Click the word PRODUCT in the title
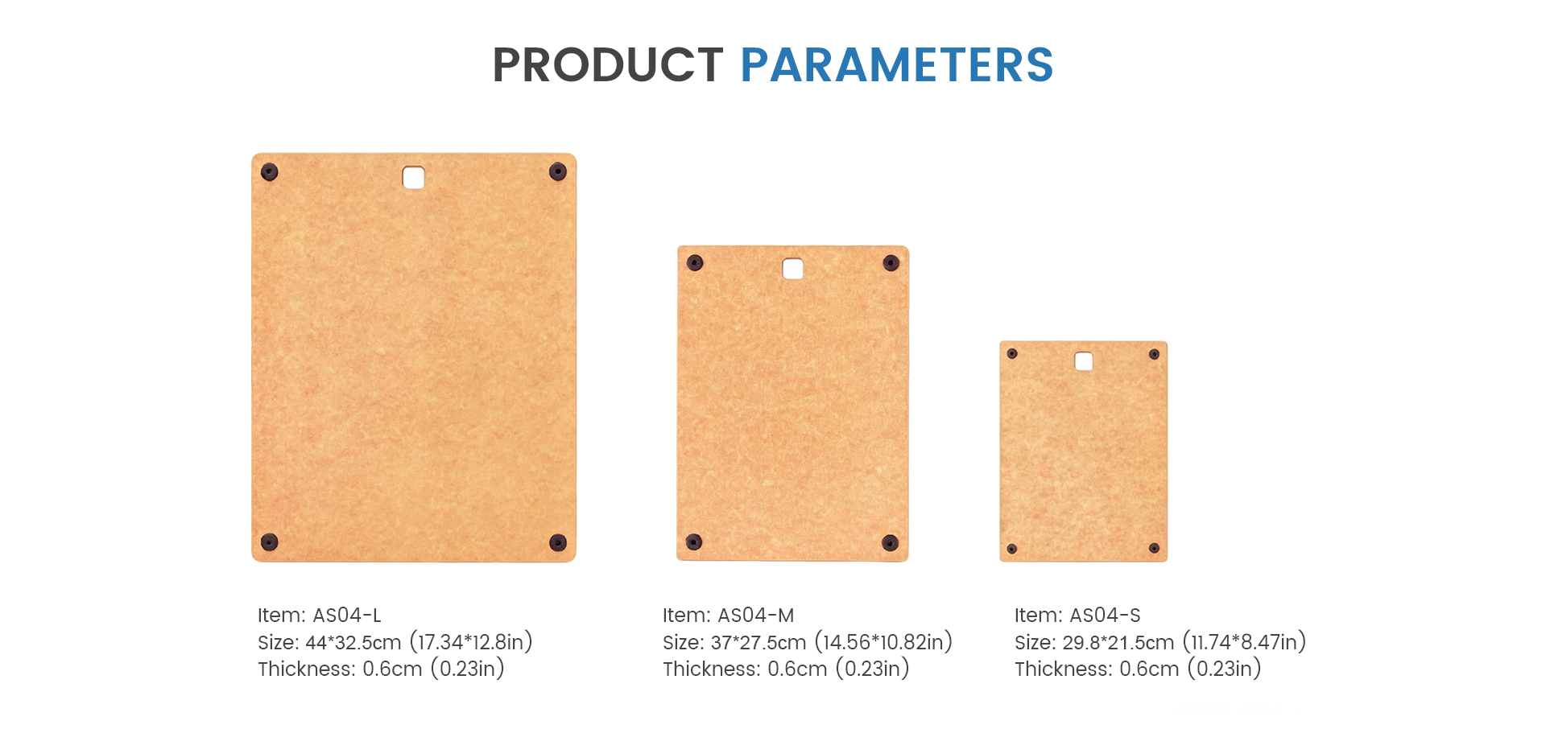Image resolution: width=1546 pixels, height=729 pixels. [x=608, y=64]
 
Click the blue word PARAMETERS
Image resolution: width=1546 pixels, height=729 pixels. [x=897, y=64]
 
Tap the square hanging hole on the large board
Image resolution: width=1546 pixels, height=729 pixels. [x=413, y=177]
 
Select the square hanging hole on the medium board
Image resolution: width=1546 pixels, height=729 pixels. [x=793, y=268]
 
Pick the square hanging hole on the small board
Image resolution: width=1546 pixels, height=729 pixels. [x=1084, y=361]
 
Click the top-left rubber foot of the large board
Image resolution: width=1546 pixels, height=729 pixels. [x=270, y=171]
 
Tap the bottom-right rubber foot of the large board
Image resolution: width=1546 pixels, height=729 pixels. [x=558, y=542]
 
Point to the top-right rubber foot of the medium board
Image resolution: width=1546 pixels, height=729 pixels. [x=891, y=262]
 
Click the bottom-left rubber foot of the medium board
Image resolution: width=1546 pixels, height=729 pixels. [x=694, y=542]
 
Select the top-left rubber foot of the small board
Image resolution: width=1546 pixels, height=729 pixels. [x=1012, y=353]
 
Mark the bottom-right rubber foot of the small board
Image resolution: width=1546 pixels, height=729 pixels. [x=1154, y=548]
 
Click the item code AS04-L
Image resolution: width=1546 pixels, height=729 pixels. [x=346, y=616]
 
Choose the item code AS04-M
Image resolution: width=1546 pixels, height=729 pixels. [x=755, y=616]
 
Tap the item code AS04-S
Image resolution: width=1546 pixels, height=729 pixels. [x=1105, y=616]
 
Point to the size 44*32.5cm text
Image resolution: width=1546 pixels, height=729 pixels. [x=353, y=642]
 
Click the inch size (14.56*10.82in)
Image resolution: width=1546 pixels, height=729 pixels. [x=883, y=642]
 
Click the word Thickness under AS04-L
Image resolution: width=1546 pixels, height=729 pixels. [x=306, y=669]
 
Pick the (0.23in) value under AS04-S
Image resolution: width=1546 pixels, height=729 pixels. [x=1224, y=669]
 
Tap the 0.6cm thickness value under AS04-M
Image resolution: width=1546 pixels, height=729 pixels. [x=797, y=669]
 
